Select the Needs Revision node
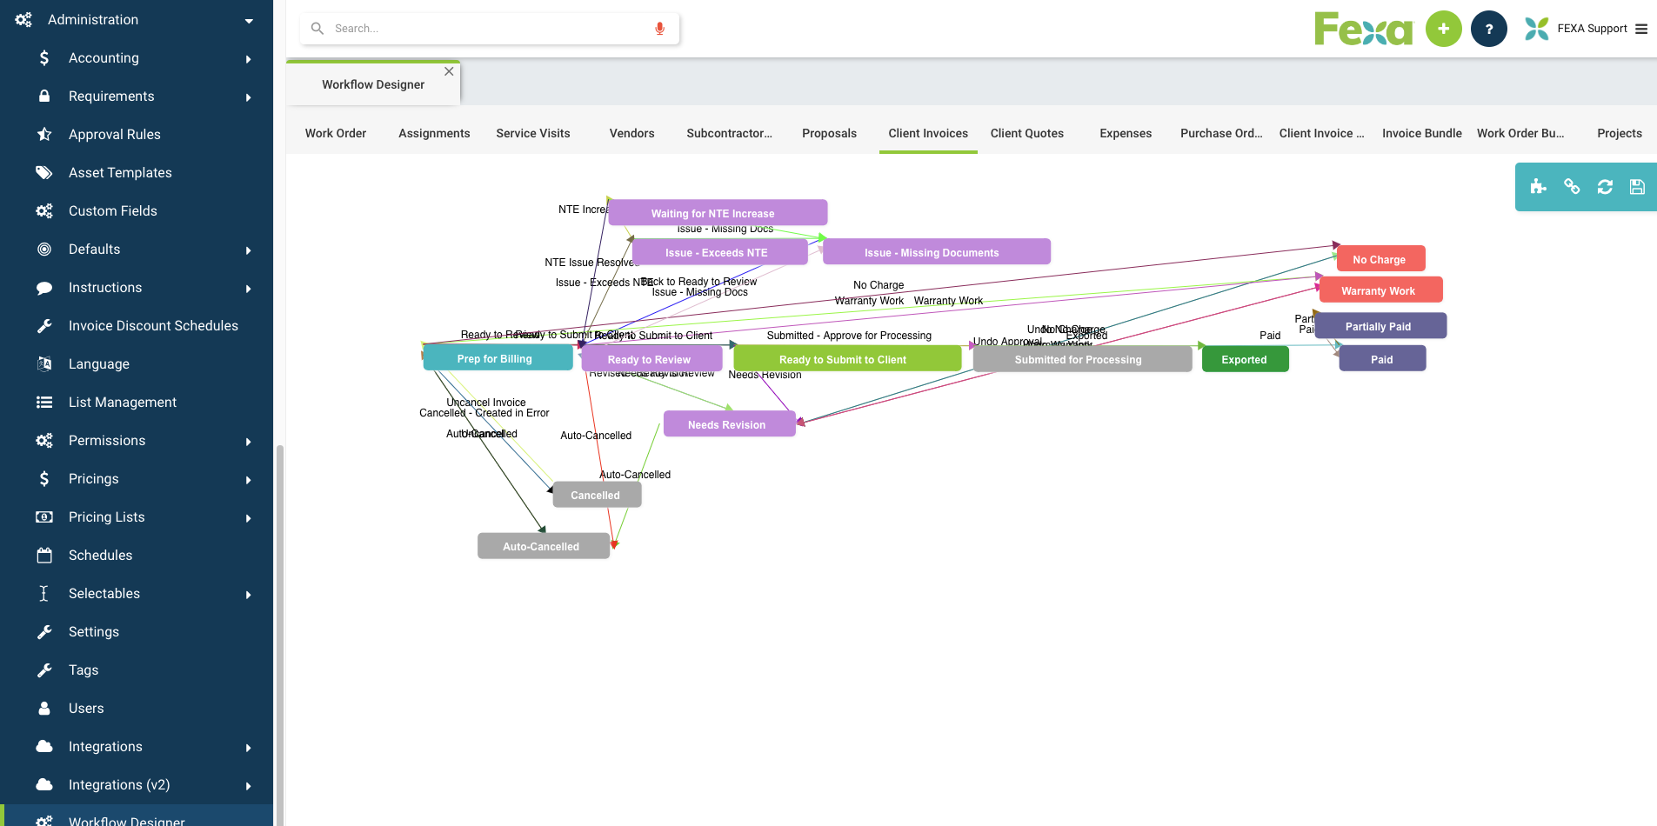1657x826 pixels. coord(728,424)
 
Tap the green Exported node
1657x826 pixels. coord(1244,359)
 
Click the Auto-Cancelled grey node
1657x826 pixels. coord(542,546)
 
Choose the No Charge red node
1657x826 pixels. coord(1380,259)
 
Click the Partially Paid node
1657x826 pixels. coord(1380,326)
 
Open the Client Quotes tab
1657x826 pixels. coord(1026,133)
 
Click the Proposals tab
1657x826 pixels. coord(829,133)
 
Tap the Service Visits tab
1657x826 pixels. coord(533,133)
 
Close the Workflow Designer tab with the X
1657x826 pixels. coord(449,71)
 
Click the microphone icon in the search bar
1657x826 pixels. coord(660,29)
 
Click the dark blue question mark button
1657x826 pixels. coord(1488,29)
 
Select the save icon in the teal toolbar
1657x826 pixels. coord(1637,187)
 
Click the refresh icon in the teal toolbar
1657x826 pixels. coord(1605,187)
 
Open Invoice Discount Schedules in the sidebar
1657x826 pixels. coord(153,325)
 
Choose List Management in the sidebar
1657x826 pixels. coord(123,402)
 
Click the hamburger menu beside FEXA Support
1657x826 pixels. coord(1641,29)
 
